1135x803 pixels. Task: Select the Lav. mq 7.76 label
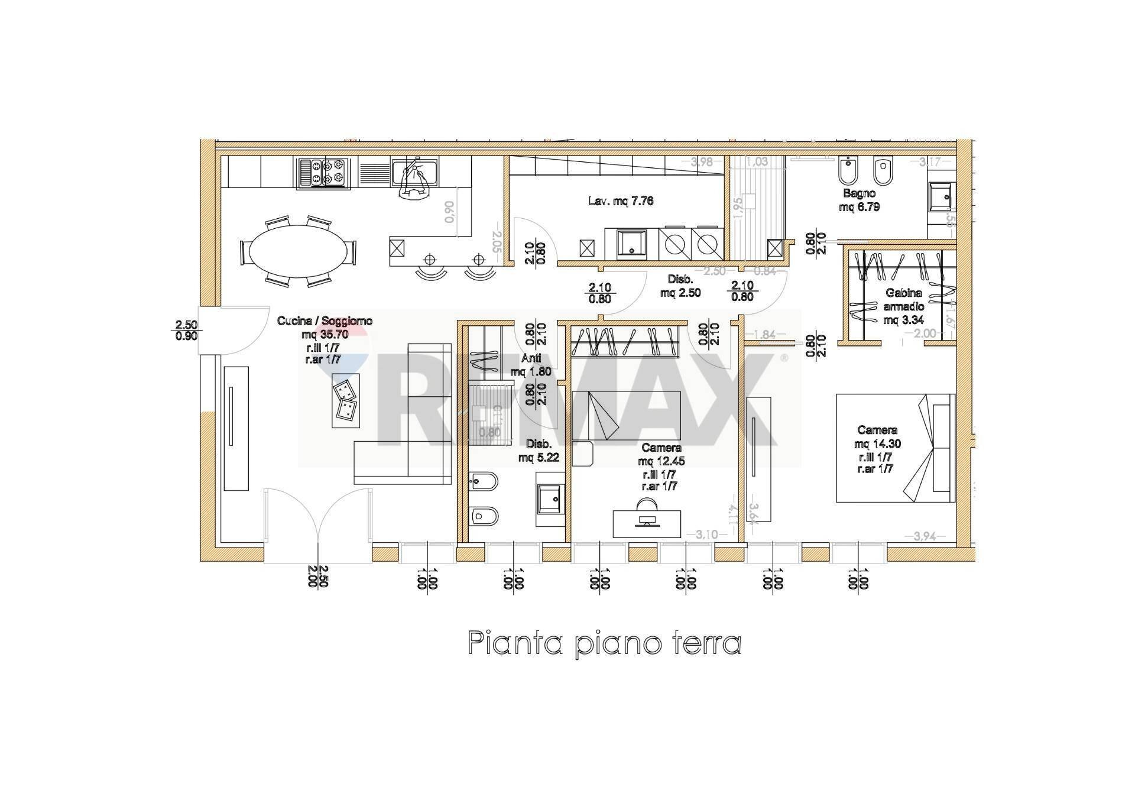pos(621,201)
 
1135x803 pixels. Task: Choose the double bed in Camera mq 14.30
pos(895,448)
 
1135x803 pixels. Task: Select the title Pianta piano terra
pos(604,643)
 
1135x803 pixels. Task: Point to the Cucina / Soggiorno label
pos(325,321)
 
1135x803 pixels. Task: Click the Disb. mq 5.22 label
pos(538,450)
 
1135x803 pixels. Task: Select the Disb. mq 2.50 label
pos(680,286)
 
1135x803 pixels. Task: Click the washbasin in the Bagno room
pos(939,196)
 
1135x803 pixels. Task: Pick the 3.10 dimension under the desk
pos(706,535)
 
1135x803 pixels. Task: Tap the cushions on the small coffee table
pos(346,399)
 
